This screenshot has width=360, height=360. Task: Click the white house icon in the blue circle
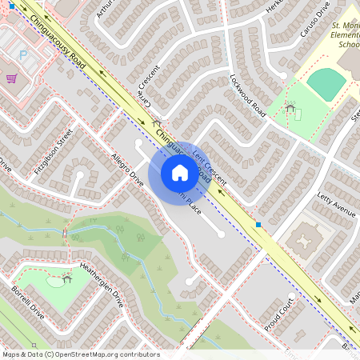pyautogui.click(x=179, y=172)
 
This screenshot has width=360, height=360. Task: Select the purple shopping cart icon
pyautogui.click(x=11, y=78)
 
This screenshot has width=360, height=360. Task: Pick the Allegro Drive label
pyautogui.click(x=127, y=167)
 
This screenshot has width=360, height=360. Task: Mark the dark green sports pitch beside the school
pyautogui.click(x=326, y=82)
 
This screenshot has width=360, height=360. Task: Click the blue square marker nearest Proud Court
pyautogui.click(x=258, y=225)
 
